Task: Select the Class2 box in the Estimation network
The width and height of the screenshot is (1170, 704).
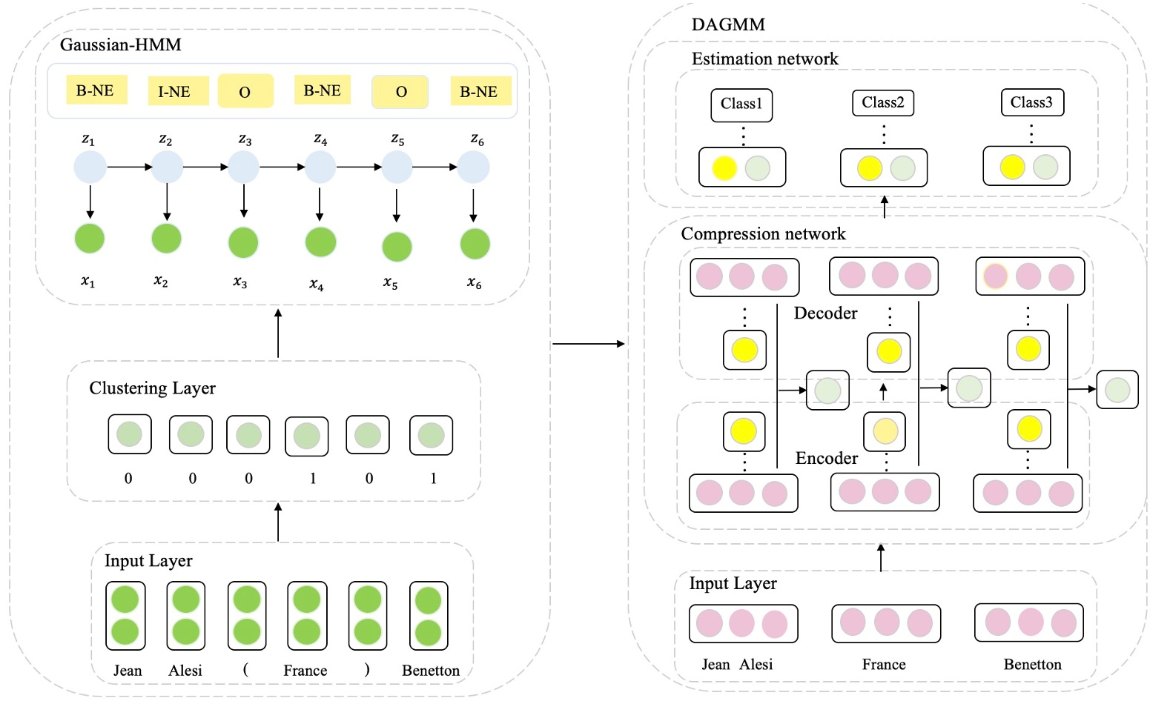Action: pos(882,103)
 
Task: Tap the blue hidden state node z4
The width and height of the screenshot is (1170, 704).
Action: pos(320,167)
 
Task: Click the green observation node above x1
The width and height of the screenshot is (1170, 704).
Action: pos(90,239)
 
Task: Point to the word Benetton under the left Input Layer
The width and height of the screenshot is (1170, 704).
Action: pos(431,671)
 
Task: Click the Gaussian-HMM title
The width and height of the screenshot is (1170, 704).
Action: pos(121,44)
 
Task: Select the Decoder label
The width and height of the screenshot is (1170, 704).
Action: pos(825,313)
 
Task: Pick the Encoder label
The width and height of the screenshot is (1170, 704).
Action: pos(826,459)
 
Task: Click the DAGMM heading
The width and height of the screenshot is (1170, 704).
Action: pos(728,24)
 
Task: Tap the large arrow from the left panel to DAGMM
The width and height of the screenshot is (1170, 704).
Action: pos(589,344)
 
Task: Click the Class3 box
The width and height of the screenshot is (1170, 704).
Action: pos(1031,103)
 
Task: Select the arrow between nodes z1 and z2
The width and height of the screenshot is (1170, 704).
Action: pos(129,167)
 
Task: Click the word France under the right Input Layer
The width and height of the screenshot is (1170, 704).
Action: pos(884,665)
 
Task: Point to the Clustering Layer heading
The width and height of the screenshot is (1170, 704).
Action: pos(152,388)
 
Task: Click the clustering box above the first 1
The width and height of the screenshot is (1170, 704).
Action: pos(306,436)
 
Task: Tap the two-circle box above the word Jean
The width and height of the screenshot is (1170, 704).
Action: pos(125,616)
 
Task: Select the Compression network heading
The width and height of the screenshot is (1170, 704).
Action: pos(763,234)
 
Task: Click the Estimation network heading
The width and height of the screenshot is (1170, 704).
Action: pos(764,59)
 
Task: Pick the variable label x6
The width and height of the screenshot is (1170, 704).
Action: pos(475,283)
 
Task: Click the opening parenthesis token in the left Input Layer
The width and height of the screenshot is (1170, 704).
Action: pos(245,669)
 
